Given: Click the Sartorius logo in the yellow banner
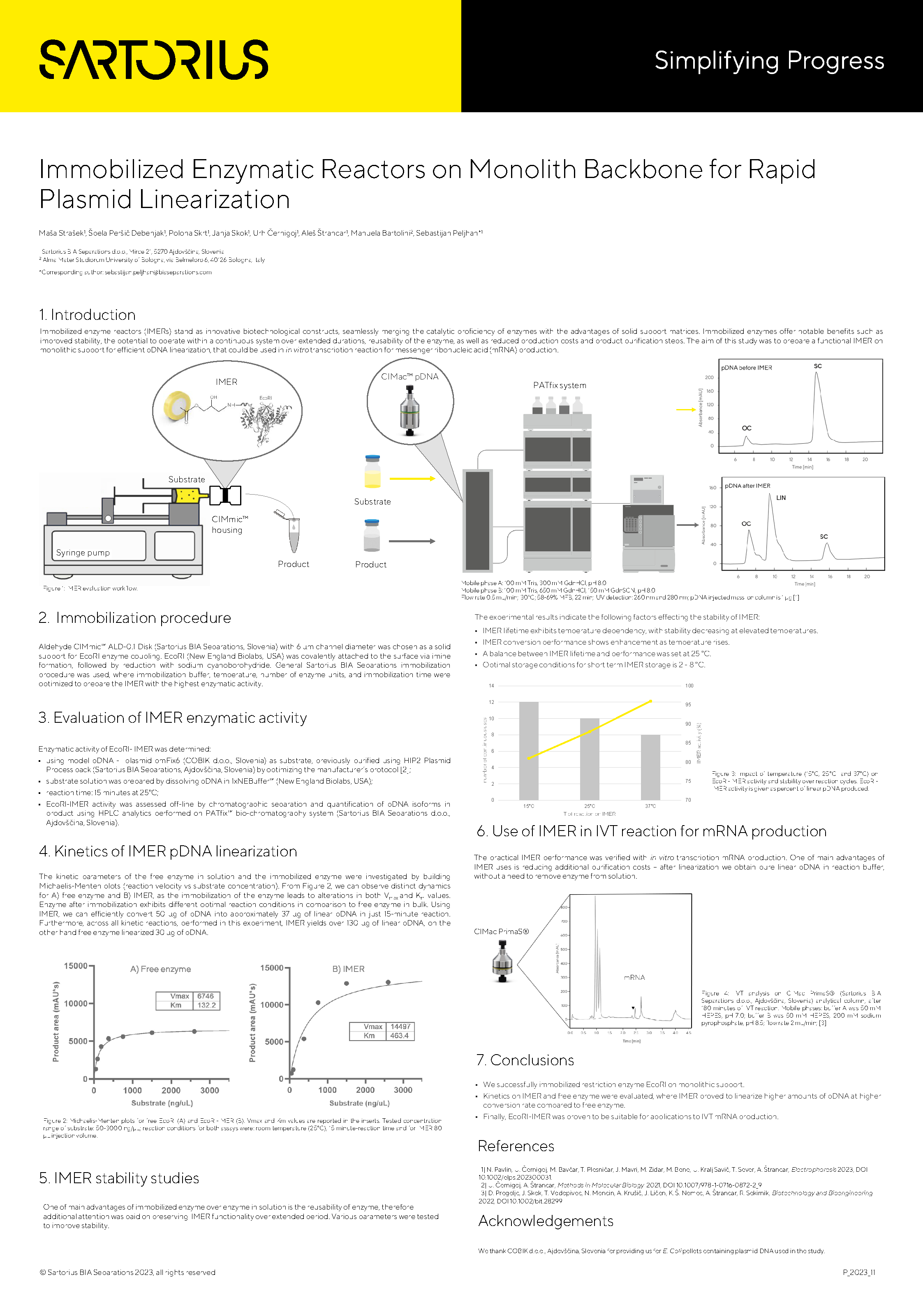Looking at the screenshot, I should [x=154, y=59].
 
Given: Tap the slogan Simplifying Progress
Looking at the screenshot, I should [x=769, y=60].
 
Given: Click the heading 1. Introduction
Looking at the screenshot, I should [x=87, y=315].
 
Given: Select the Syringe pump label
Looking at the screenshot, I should [x=83, y=552].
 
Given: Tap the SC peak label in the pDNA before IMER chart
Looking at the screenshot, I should [x=818, y=366].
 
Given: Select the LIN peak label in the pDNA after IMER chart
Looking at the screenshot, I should [x=781, y=497].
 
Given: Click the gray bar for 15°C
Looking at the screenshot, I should [x=529, y=750].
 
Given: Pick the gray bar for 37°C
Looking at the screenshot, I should [x=650, y=767].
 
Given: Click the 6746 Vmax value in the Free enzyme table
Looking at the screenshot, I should [x=206, y=996].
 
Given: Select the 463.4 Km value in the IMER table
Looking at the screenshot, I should [x=399, y=1036].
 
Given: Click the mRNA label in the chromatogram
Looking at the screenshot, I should [x=634, y=977].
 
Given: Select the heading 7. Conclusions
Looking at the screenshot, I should [x=525, y=1060].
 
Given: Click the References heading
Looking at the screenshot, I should [x=516, y=1146].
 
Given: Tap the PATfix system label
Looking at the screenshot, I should [x=559, y=385].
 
